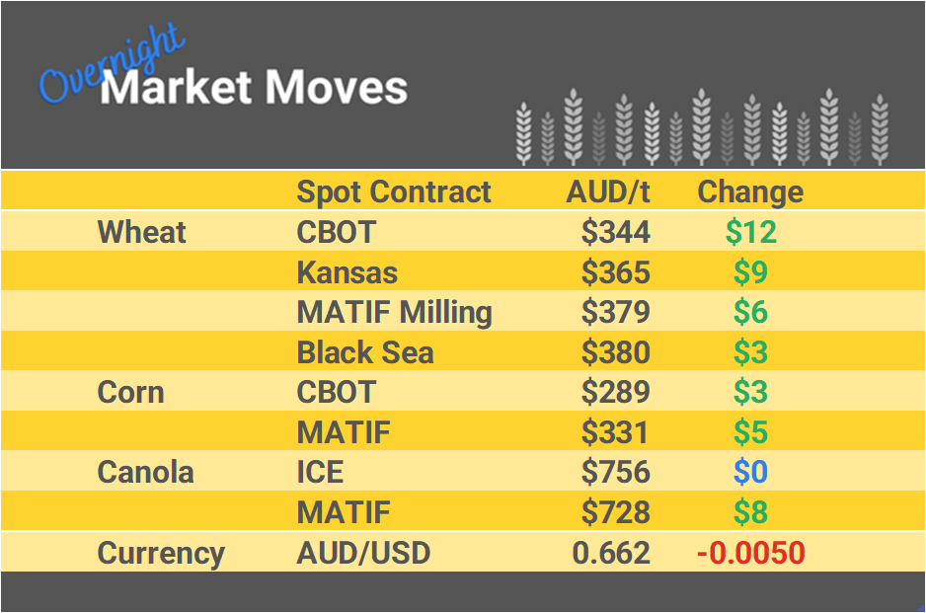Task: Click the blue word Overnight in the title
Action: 111,66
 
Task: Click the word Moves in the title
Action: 335,88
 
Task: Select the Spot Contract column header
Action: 393,192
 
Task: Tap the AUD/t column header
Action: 608,192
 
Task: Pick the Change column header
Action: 750,192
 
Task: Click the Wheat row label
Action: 141,232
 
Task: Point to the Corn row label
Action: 130,392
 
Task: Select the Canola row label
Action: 145,472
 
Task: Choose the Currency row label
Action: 161,553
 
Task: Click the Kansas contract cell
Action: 347,271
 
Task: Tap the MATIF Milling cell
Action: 394,312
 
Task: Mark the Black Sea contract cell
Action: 364,352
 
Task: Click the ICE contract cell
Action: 320,472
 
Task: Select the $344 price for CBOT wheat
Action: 615,232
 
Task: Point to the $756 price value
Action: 615,472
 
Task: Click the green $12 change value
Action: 750,232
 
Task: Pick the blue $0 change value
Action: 750,472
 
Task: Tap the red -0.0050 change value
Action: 750,553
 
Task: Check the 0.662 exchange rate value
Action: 611,553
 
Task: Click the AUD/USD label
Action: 363,553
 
